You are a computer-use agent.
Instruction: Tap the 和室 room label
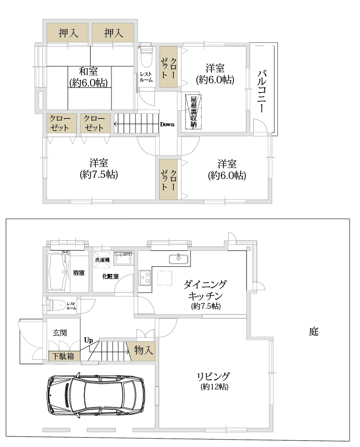[88, 71]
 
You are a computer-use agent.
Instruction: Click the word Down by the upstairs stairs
[167, 124]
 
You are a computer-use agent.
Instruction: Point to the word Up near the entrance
[88, 340]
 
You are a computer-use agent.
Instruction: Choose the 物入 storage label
[144, 350]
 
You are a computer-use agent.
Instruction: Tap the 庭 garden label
[313, 331]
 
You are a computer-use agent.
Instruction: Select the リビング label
[213, 376]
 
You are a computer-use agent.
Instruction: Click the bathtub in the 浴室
[58, 272]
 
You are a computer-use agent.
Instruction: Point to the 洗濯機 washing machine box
[102, 260]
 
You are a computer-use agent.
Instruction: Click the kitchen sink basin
[178, 259]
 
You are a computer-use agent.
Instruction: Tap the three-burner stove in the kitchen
[145, 277]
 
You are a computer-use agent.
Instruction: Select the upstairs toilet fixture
[146, 56]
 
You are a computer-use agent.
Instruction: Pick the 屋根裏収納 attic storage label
[194, 112]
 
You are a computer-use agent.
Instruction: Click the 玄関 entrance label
[60, 333]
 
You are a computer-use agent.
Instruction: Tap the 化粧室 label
[110, 276]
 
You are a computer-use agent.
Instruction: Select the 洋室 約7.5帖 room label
[98, 169]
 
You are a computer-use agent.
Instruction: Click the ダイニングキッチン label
[205, 290]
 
